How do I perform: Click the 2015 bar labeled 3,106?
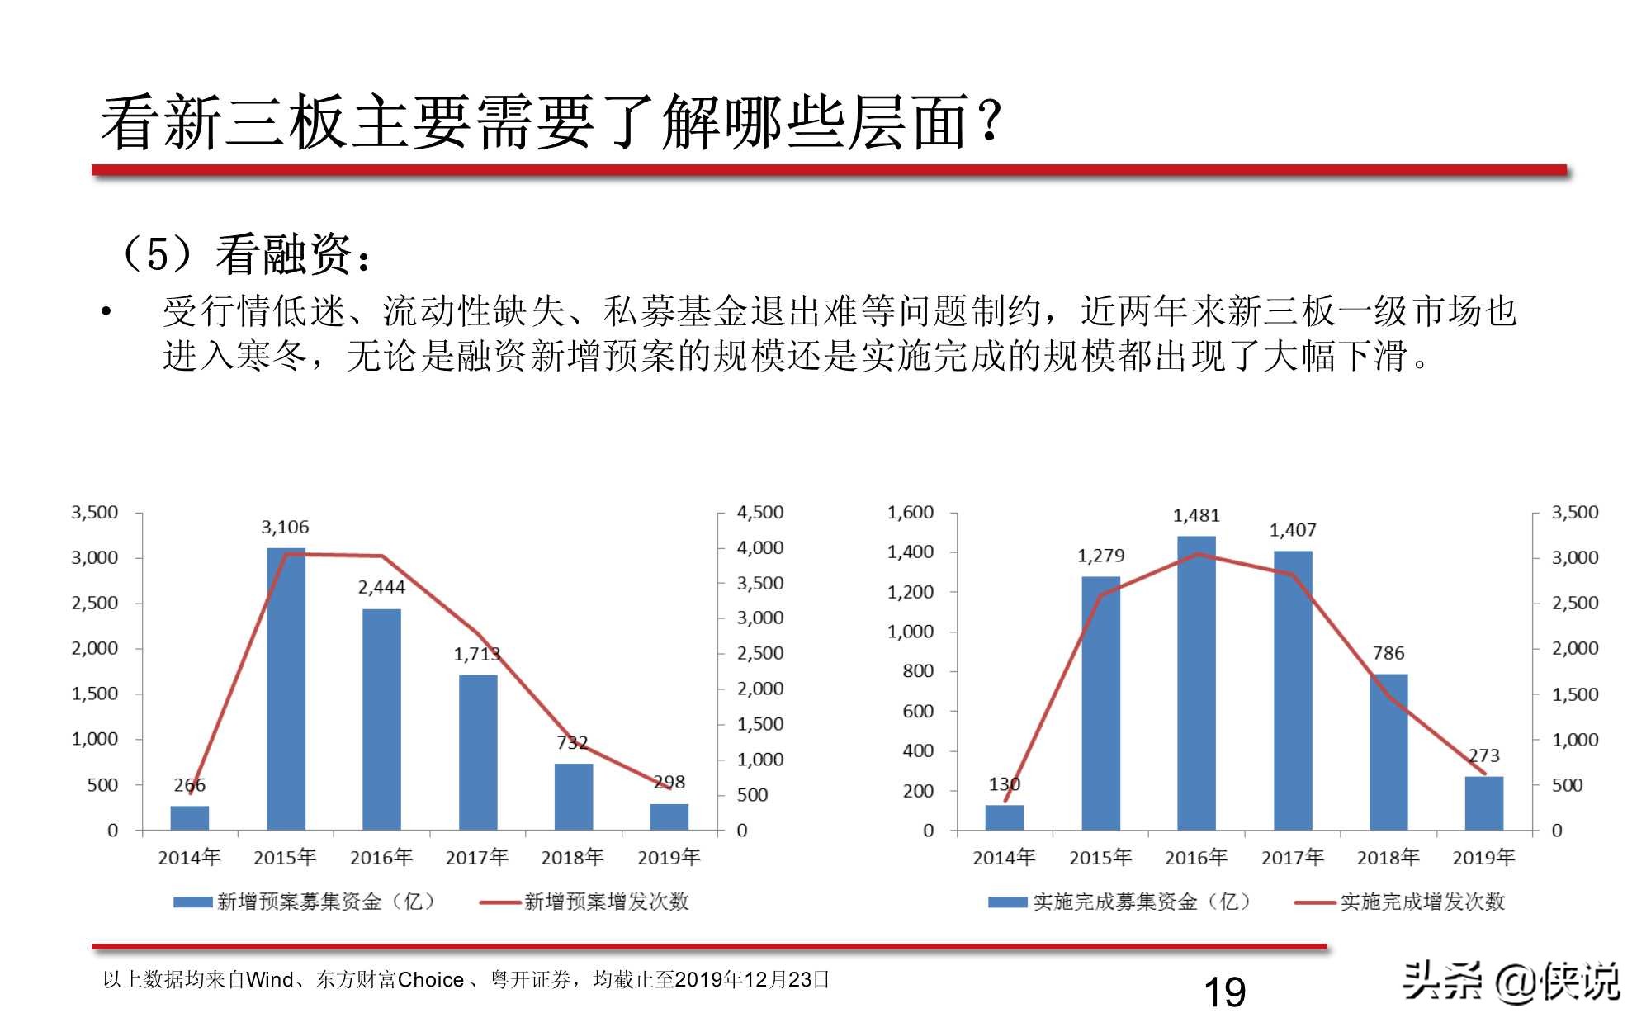(286, 689)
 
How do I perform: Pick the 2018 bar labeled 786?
(1388, 752)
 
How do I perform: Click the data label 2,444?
(381, 588)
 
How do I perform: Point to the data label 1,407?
(1293, 530)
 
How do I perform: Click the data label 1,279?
(1100, 556)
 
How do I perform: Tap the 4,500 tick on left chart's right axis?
(759, 513)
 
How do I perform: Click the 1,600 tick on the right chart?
(911, 513)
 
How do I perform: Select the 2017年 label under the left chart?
(477, 858)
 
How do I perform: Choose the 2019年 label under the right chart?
(1483, 858)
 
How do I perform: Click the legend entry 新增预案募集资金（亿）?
(325, 902)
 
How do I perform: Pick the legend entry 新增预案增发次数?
(606, 902)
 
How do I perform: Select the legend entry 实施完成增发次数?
(1422, 902)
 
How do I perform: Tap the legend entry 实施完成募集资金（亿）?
(1141, 902)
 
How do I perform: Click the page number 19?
(1224, 992)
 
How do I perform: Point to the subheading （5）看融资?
(244, 253)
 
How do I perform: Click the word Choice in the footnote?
(430, 980)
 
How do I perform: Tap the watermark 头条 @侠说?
(1511, 982)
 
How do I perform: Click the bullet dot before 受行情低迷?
(106, 312)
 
